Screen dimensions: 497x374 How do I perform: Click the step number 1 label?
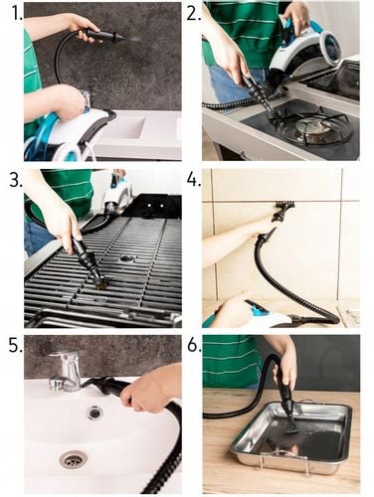click(11, 13)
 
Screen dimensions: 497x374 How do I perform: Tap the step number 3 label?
click(12, 180)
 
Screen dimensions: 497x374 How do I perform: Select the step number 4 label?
click(193, 180)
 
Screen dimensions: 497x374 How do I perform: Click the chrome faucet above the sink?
click(69, 371)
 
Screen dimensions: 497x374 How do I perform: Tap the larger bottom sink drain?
click(72, 459)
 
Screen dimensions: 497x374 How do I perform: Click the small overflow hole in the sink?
click(94, 413)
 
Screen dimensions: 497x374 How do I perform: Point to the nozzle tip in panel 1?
click(116, 37)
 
